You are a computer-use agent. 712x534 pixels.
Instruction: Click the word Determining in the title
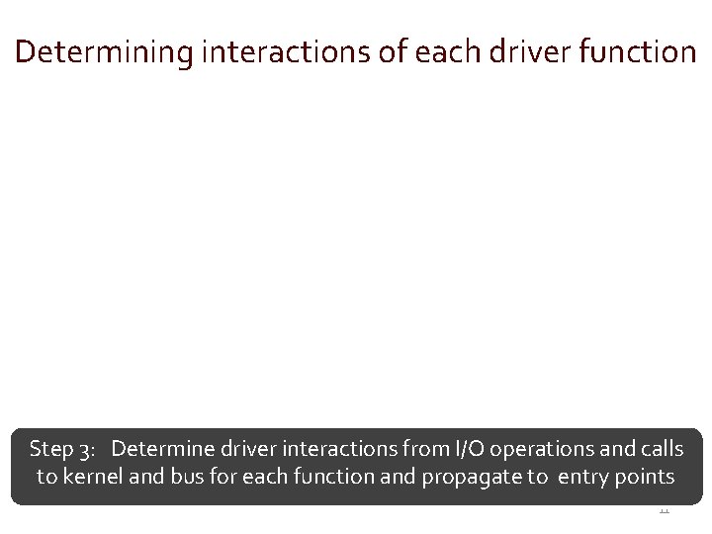[x=104, y=52]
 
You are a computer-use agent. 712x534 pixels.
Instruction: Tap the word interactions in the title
[x=288, y=52]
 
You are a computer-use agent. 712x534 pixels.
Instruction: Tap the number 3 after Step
[x=87, y=450]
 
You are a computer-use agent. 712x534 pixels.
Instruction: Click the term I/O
[x=470, y=450]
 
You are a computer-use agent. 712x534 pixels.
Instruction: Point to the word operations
[x=541, y=450]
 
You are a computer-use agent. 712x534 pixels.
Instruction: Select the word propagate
[x=470, y=478]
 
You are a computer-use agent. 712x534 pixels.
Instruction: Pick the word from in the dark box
[x=425, y=450]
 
